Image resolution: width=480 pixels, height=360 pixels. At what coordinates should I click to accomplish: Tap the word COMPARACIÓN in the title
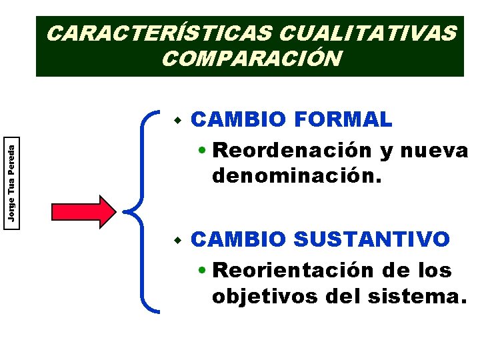click(251, 59)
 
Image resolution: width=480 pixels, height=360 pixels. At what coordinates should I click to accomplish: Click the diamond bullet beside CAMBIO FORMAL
click(177, 121)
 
